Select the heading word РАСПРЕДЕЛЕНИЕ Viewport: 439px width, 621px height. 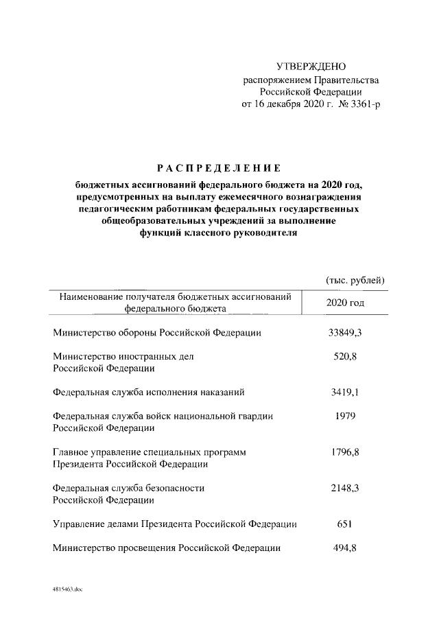coord(219,167)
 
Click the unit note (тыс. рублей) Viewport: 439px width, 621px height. coord(355,280)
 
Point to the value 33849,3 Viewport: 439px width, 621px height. coord(346,333)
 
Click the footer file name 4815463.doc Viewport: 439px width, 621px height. coord(66,589)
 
